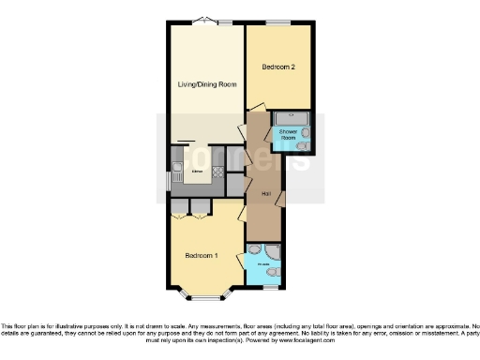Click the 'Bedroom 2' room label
pyautogui.click(x=279, y=67)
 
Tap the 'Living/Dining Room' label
pyautogui.click(x=207, y=84)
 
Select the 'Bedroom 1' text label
pyautogui.click(x=202, y=256)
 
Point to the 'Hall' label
pyautogui.click(x=266, y=194)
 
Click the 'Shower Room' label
pyautogui.click(x=288, y=135)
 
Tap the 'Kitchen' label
pyautogui.click(x=198, y=172)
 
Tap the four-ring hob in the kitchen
pyautogui.click(x=217, y=171)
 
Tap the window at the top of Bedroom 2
pyautogui.click(x=278, y=22)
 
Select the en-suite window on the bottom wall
pyautogui.click(x=268, y=287)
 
